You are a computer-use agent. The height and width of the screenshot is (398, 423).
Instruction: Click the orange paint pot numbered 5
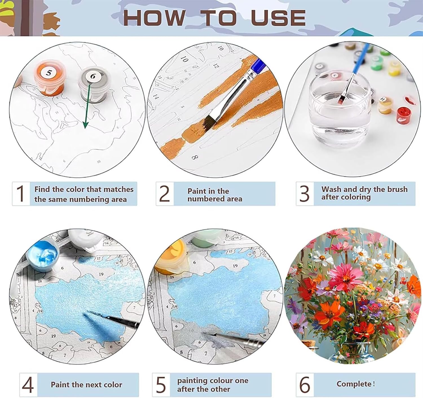pyautogui.click(x=49, y=78)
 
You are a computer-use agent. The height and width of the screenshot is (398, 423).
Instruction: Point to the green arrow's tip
pyautogui.click(x=85, y=128)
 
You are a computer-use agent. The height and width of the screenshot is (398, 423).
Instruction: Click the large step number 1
pyautogui.click(x=21, y=193)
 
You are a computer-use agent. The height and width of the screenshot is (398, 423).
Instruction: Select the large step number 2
pyautogui.click(x=164, y=194)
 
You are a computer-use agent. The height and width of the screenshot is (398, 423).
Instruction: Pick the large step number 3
pyautogui.click(x=305, y=194)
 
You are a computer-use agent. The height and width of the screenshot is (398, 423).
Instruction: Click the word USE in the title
pyautogui.click(x=278, y=18)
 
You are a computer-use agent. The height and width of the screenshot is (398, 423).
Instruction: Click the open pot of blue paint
pyautogui.click(x=43, y=254)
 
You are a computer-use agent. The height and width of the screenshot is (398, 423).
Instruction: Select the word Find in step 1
pyautogui.click(x=42, y=189)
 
